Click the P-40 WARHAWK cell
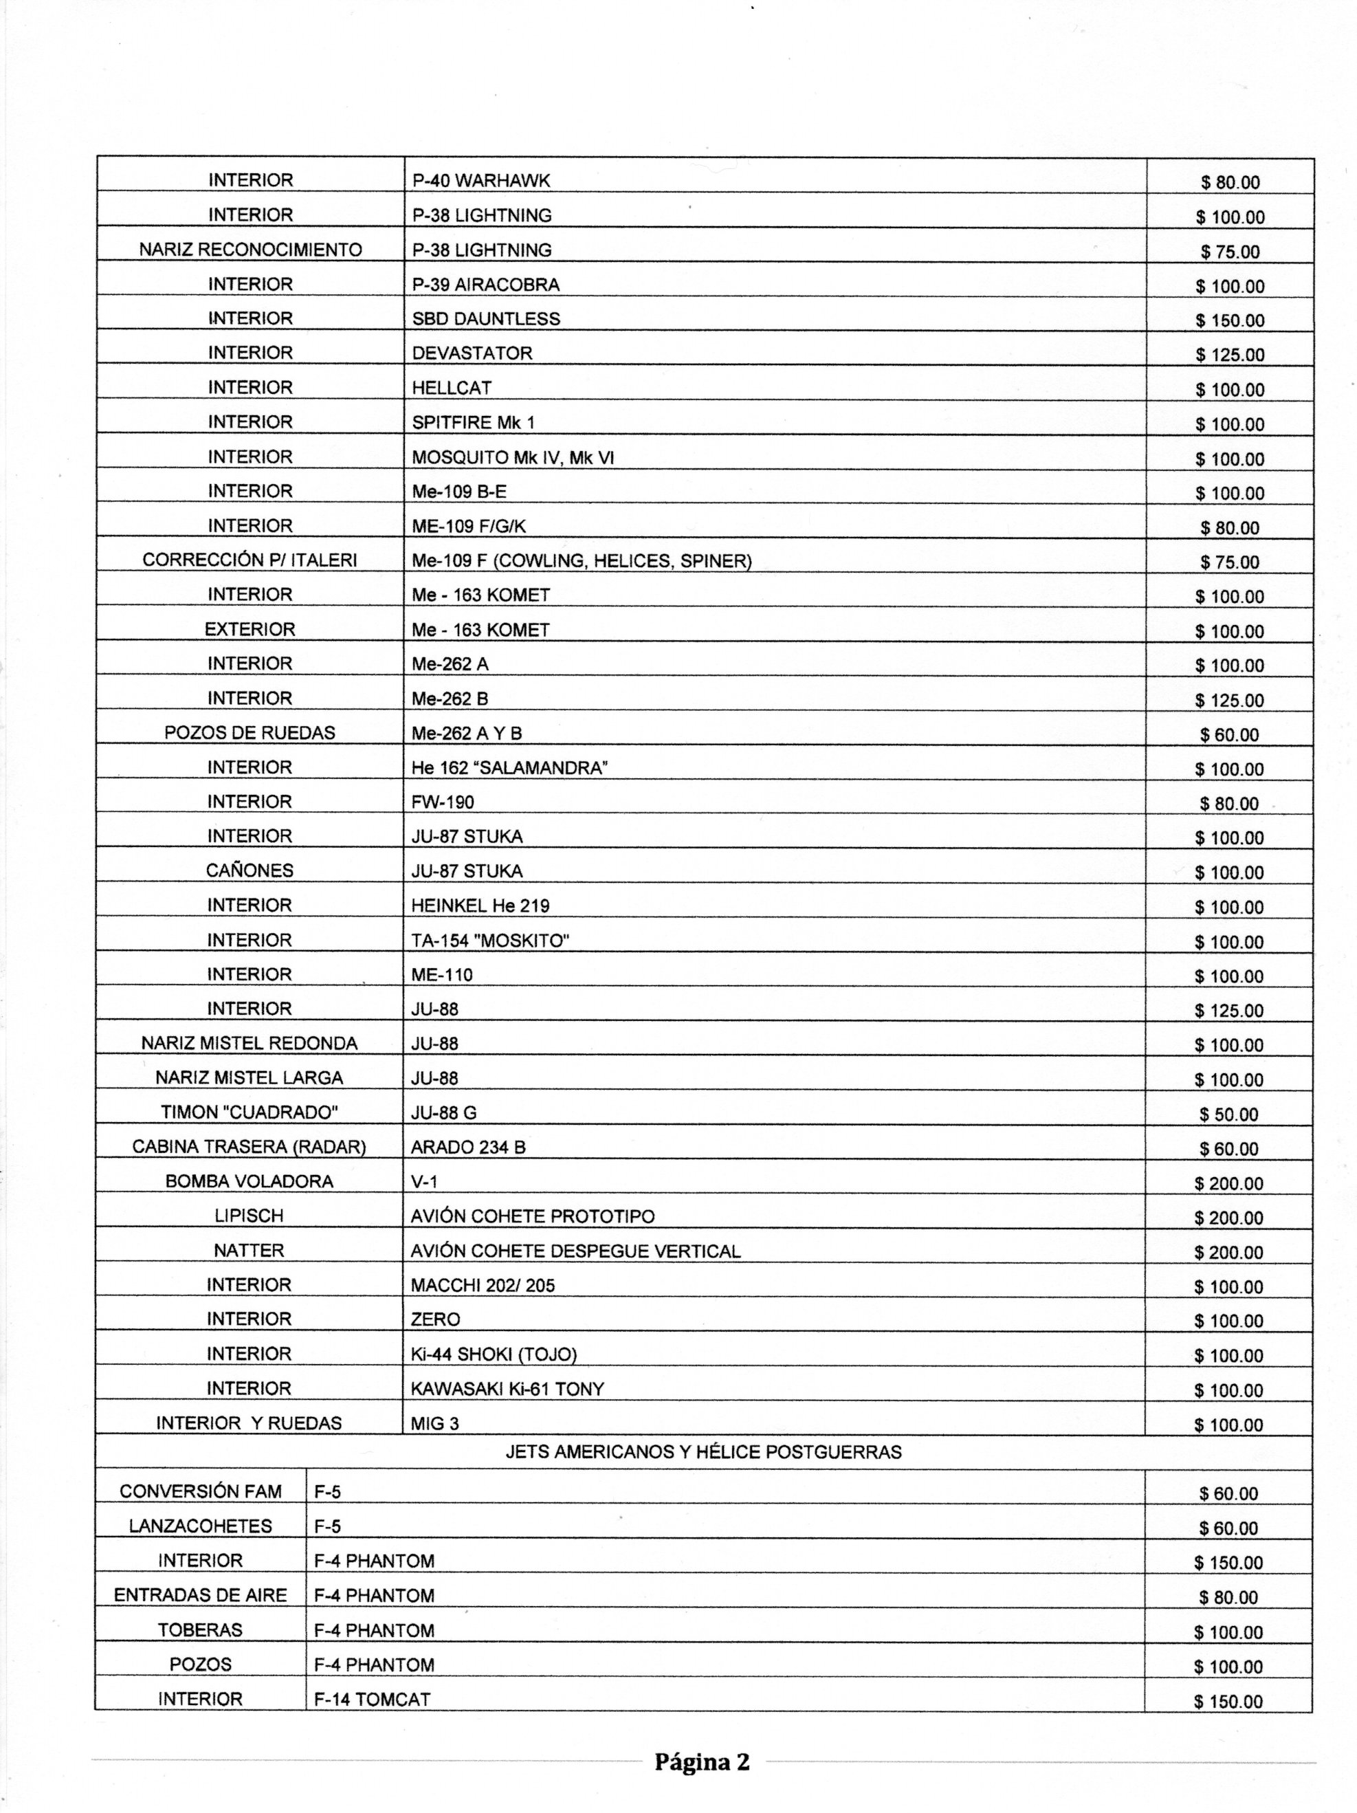coord(481,180)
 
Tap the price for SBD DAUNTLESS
coord(1229,320)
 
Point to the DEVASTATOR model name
coord(472,353)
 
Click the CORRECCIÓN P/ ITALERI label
coord(250,560)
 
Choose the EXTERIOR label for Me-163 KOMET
coord(250,630)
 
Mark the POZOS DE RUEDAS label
coord(250,733)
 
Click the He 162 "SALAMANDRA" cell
coord(509,768)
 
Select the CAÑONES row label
coord(250,870)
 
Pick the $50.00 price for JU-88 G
coord(1228,1114)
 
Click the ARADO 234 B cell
coord(468,1147)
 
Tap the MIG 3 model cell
coord(434,1424)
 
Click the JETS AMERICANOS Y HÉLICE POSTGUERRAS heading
coord(703,1452)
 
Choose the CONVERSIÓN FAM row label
coord(201,1492)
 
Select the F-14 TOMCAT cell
coord(372,1700)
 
